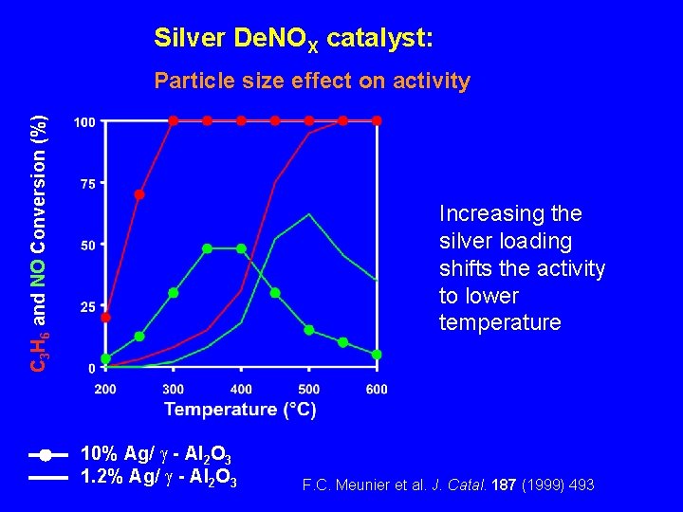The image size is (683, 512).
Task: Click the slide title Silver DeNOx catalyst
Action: click(294, 40)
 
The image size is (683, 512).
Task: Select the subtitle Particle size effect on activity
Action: click(312, 81)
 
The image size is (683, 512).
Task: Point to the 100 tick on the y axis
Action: click(83, 123)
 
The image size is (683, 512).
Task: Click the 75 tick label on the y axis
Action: click(87, 184)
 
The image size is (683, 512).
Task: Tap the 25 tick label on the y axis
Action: click(87, 306)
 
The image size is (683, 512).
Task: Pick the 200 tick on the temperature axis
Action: click(105, 389)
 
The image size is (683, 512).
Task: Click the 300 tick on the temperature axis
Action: click(174, 389)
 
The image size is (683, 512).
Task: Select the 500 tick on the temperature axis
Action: click(309, 389)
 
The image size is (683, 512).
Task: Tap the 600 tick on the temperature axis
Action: click(377, 389)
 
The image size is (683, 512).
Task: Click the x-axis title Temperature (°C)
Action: click(240, 410)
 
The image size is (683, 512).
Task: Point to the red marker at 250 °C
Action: click(139, 194)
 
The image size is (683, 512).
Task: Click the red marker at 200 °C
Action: click(105, 317)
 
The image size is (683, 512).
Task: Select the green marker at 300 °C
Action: click(174, 293)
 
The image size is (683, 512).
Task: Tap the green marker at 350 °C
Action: click(207, 248)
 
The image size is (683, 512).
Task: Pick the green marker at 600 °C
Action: click(377, 354)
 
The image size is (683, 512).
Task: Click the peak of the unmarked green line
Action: click(309, 215)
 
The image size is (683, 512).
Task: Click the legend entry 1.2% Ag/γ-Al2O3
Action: click(158, 477)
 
